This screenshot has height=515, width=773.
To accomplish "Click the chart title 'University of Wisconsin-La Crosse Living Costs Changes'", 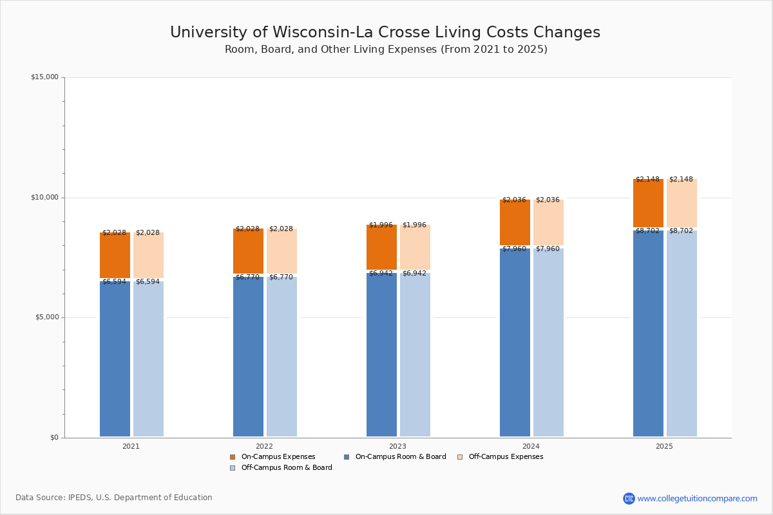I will pos(385,33).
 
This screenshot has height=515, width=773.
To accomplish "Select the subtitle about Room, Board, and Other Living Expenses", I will pos(386,50).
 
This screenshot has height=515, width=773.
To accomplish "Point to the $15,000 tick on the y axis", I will pos(44,77).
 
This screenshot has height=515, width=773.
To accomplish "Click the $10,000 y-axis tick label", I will pos(44,198).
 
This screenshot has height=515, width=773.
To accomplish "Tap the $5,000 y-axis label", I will pos(46,317).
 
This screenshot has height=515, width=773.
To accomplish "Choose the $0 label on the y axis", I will pos(54,438).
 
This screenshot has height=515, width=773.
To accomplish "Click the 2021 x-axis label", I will pos(131,446).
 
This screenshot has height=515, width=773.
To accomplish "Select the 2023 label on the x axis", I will pos(397,446).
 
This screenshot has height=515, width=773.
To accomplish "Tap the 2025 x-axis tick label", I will pos(664,446).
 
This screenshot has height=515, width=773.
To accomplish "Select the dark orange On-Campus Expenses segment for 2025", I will pos(648,203).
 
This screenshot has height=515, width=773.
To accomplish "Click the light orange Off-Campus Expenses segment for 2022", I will pos(282,251).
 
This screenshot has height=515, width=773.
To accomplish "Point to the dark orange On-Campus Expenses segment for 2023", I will pos(381,247).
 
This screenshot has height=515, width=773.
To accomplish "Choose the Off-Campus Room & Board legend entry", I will pos(286,468).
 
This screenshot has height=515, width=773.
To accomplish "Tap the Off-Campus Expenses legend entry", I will pos(505,457).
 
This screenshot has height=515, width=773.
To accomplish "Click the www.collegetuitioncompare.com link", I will pos(697,498).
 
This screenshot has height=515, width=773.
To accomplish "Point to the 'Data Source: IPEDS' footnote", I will pos(114,498).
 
